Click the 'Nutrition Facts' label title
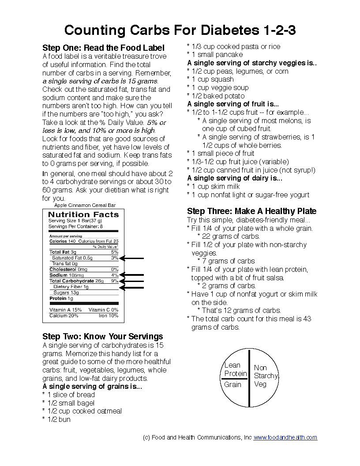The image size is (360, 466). pos(83,215)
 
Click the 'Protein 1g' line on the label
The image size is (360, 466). pos(61,298)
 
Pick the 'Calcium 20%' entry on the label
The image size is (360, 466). pos(64,316)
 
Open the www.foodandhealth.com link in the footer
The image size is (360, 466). pos(285,437)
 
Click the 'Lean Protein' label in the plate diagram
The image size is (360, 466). pos(235,369)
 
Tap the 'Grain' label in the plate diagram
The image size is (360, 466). pos(232,384)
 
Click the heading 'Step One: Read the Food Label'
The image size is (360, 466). pos(103,48)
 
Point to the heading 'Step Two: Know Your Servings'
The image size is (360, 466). pos(102,336)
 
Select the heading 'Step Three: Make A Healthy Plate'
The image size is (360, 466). pos(251,211)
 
